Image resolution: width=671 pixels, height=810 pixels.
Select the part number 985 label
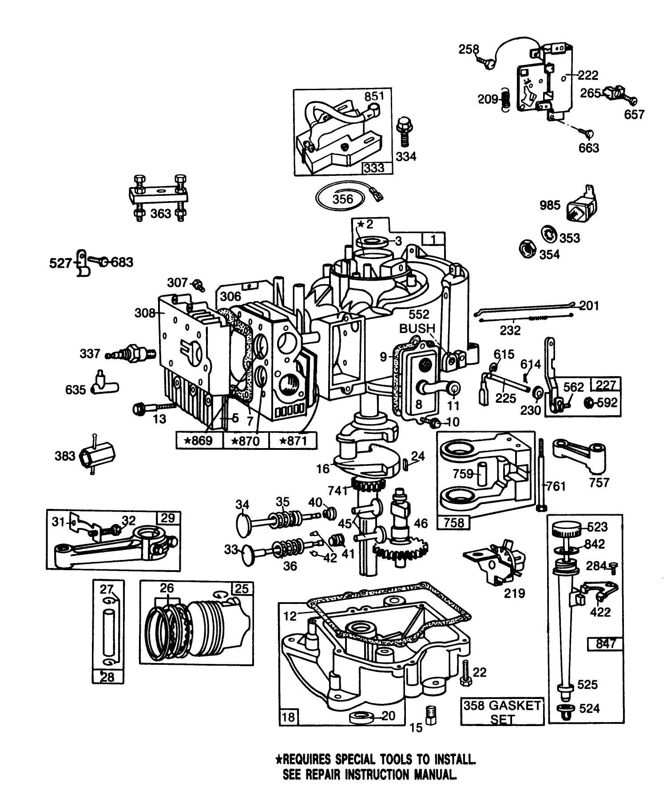tap(550, 205)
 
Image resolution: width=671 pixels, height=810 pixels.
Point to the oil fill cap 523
tap(566, 529)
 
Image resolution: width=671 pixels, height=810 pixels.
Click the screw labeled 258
tap(486, 62)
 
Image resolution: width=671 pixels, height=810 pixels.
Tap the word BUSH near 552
tap(417, 329)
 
